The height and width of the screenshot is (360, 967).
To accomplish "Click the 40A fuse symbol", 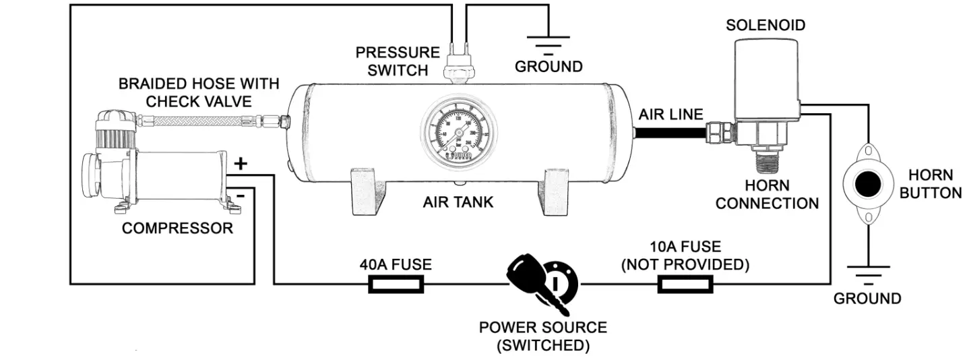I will click(396, 284).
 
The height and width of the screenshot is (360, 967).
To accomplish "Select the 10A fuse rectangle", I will click(685, 284).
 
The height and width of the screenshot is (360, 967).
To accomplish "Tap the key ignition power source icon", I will click(542, 282).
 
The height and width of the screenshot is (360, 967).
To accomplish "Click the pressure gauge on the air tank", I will click(456, 134).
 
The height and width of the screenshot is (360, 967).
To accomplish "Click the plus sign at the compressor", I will click(241, 164).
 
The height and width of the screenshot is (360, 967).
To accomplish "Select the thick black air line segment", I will click(671, 132).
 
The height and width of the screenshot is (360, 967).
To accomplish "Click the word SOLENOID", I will click(766, 26).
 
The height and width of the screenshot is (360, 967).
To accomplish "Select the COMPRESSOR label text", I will click(177, 228).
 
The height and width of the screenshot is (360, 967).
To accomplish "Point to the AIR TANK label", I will click(458, 202).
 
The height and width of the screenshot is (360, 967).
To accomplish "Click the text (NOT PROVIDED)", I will click(685, 264).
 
